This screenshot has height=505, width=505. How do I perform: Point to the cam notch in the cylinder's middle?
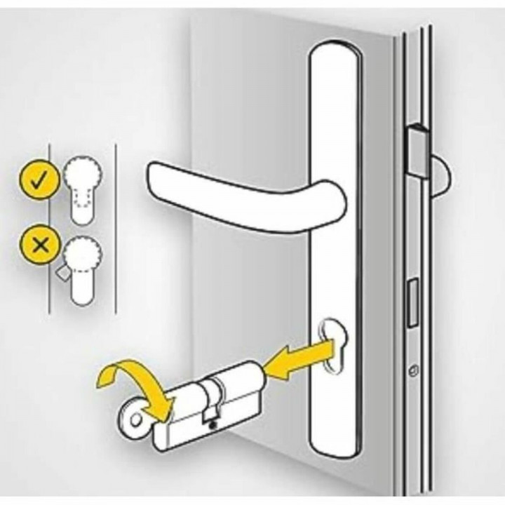(x=210, y=407)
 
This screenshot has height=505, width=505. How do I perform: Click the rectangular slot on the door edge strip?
(x=413, y=295)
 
